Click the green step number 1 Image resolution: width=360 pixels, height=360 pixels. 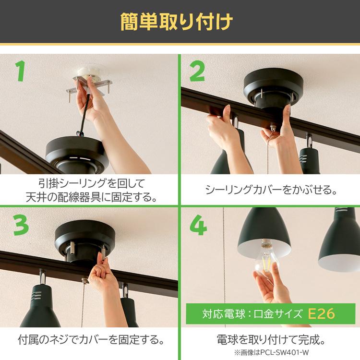[x=21, y=71]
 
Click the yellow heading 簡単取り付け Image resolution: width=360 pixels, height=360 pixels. [x=177, y=22]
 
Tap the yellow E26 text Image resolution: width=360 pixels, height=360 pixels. [x=321, y=313]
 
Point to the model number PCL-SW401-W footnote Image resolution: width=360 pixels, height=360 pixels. [x=271, y=353]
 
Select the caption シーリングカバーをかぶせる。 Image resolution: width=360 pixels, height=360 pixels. [x=271, y=190]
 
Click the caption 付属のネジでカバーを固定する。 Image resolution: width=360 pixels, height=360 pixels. [x=91, y=340]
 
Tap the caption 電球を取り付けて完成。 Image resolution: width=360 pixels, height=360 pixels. [x=271, y=340]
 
